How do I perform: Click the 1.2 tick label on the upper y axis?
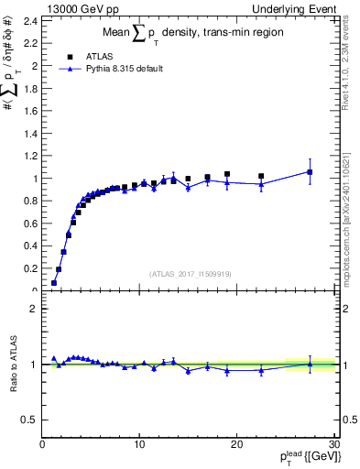(x=29, y=156)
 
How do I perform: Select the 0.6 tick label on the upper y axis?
(x=29, y=224)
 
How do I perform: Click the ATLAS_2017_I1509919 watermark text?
(x=189, y=273)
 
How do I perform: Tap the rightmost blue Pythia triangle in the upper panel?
(x=310, y=171)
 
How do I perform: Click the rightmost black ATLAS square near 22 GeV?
(x=261, y=176)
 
